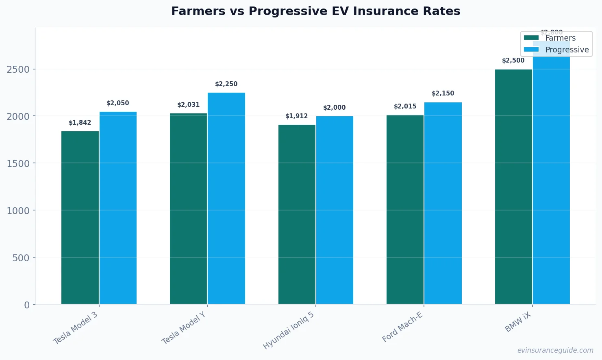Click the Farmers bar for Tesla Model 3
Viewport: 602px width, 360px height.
click(x=80, y=217)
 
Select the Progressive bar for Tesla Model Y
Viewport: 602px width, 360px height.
click(x=226, y=198)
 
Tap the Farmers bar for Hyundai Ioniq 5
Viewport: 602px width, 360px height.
click(x=297, y=214)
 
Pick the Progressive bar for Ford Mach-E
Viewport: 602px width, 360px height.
click(x=443, y=203)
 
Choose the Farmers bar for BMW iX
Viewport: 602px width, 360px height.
click(x=513, y=187)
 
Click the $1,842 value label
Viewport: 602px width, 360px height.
click(x=80, y=123)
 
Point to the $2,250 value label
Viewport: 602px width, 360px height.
click(x=226, y=84)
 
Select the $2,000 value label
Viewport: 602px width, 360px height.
click(x=335, y=108)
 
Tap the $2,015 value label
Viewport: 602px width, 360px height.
click(x=405, y=106)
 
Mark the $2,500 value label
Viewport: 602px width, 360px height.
click(x=513, y=61)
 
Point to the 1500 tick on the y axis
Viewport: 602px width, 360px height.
click(x=18, y=163)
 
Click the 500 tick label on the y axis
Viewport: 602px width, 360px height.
click(x=21, y=258)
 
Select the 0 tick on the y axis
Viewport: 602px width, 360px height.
click(x=27, y=305)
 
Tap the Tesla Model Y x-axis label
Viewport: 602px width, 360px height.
click(x=184, y=328)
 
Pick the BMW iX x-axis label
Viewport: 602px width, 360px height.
click(x=518, y=322)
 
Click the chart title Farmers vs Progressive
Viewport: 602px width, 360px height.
click(x=315, y=11)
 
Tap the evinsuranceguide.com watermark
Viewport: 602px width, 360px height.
click(x=555, y=350)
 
